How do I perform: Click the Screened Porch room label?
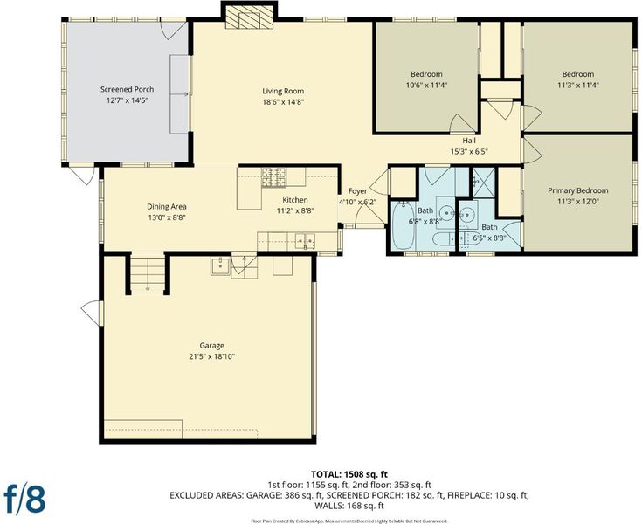click(128, 89)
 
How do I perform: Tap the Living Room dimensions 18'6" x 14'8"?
click(283, 102)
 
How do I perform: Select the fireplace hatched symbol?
click(249, 17)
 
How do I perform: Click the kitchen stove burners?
click(274, 177)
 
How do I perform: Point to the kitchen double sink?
click(306, 240)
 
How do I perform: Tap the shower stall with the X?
click(484, 183)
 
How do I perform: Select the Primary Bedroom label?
click(577, 190)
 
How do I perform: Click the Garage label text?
click(211, 346)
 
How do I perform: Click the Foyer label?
click(357, 191)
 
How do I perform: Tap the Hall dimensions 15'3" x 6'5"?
click(469, 151)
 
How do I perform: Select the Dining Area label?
click(167, 207)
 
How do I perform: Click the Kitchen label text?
click(295, 200)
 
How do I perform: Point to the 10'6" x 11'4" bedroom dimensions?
click(426, 86)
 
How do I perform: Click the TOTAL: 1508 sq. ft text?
click(349, 474)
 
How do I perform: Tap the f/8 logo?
click(24, 498)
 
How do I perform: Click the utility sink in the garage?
click(221, 265)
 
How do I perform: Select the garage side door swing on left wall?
click(92, 314)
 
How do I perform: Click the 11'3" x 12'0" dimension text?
click(577, 202)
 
